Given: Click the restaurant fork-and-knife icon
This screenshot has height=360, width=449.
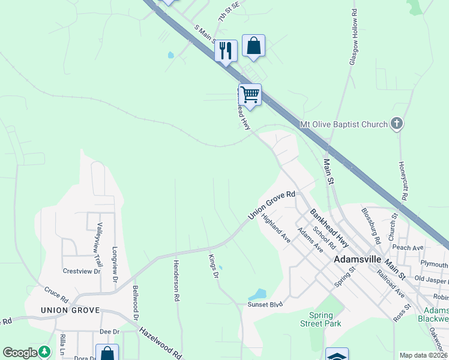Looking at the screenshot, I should [226, 50].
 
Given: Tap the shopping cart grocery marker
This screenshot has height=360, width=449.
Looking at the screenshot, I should [250, 95].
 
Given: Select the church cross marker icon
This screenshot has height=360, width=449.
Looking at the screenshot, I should [396, 124].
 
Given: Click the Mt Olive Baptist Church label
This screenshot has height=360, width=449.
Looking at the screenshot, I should [343, 125].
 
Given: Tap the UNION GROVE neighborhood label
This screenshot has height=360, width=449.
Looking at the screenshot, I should [65, 310].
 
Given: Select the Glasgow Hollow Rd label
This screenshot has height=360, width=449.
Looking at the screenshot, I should [354, 37].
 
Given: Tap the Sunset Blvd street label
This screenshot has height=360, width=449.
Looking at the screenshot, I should [265, 305].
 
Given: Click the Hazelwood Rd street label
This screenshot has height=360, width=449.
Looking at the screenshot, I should [161, 343].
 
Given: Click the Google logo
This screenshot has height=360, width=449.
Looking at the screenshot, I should [20, 353].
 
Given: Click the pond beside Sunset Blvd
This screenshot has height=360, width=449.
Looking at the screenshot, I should [257, 295].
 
